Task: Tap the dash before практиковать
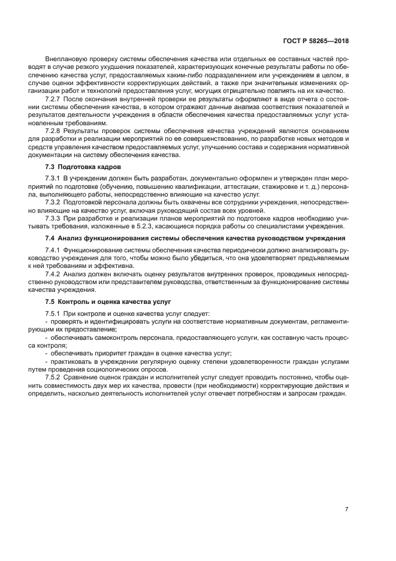click(47, 361)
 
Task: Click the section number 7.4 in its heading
click(50, 237)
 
